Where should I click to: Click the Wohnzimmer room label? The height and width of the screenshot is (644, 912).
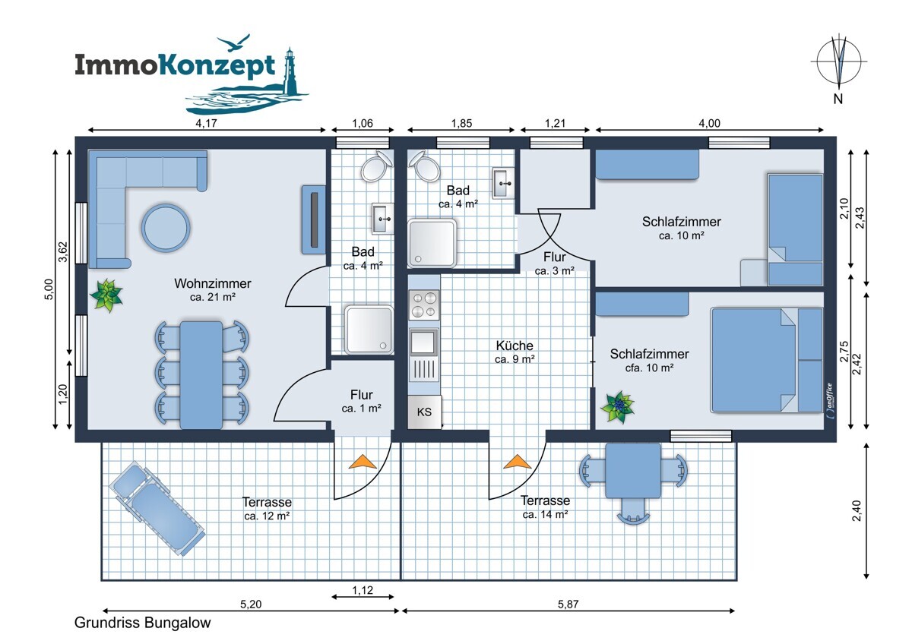(x=213, y=283)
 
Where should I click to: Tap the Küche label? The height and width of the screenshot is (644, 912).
(x=515, y=346)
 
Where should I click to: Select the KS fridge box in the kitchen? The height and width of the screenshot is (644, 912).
(x=424, y=412)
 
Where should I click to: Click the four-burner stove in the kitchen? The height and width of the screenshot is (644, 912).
(x=424, y=305)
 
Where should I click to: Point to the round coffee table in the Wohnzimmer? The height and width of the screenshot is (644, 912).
(x=166, y=228)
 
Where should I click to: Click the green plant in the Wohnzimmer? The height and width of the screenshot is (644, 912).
(x=106, y=295)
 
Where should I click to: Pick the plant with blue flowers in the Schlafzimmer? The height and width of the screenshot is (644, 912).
(x=619, y=407)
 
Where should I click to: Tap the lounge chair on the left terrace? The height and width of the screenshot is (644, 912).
(x=157, y=508)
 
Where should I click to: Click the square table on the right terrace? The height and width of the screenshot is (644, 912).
(x=633, y=471)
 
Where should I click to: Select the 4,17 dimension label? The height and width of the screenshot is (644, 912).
(x=207, y=123)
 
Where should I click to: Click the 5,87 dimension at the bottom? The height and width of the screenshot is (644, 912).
(x=568, y=605)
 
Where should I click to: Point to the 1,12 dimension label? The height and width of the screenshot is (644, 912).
(x=363, y=590)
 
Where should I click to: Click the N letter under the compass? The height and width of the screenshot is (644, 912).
(x=838, y=99)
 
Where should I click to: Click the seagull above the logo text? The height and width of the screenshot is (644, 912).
(x=233, y=43)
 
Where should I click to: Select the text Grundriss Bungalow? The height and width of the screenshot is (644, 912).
(x=143, y=623)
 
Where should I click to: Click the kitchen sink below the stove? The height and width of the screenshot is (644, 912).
(x=423, y=343)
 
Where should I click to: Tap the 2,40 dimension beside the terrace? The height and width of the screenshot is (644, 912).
(x=857, y=510)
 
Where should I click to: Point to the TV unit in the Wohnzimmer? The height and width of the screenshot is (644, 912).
(x=313, y=219)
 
